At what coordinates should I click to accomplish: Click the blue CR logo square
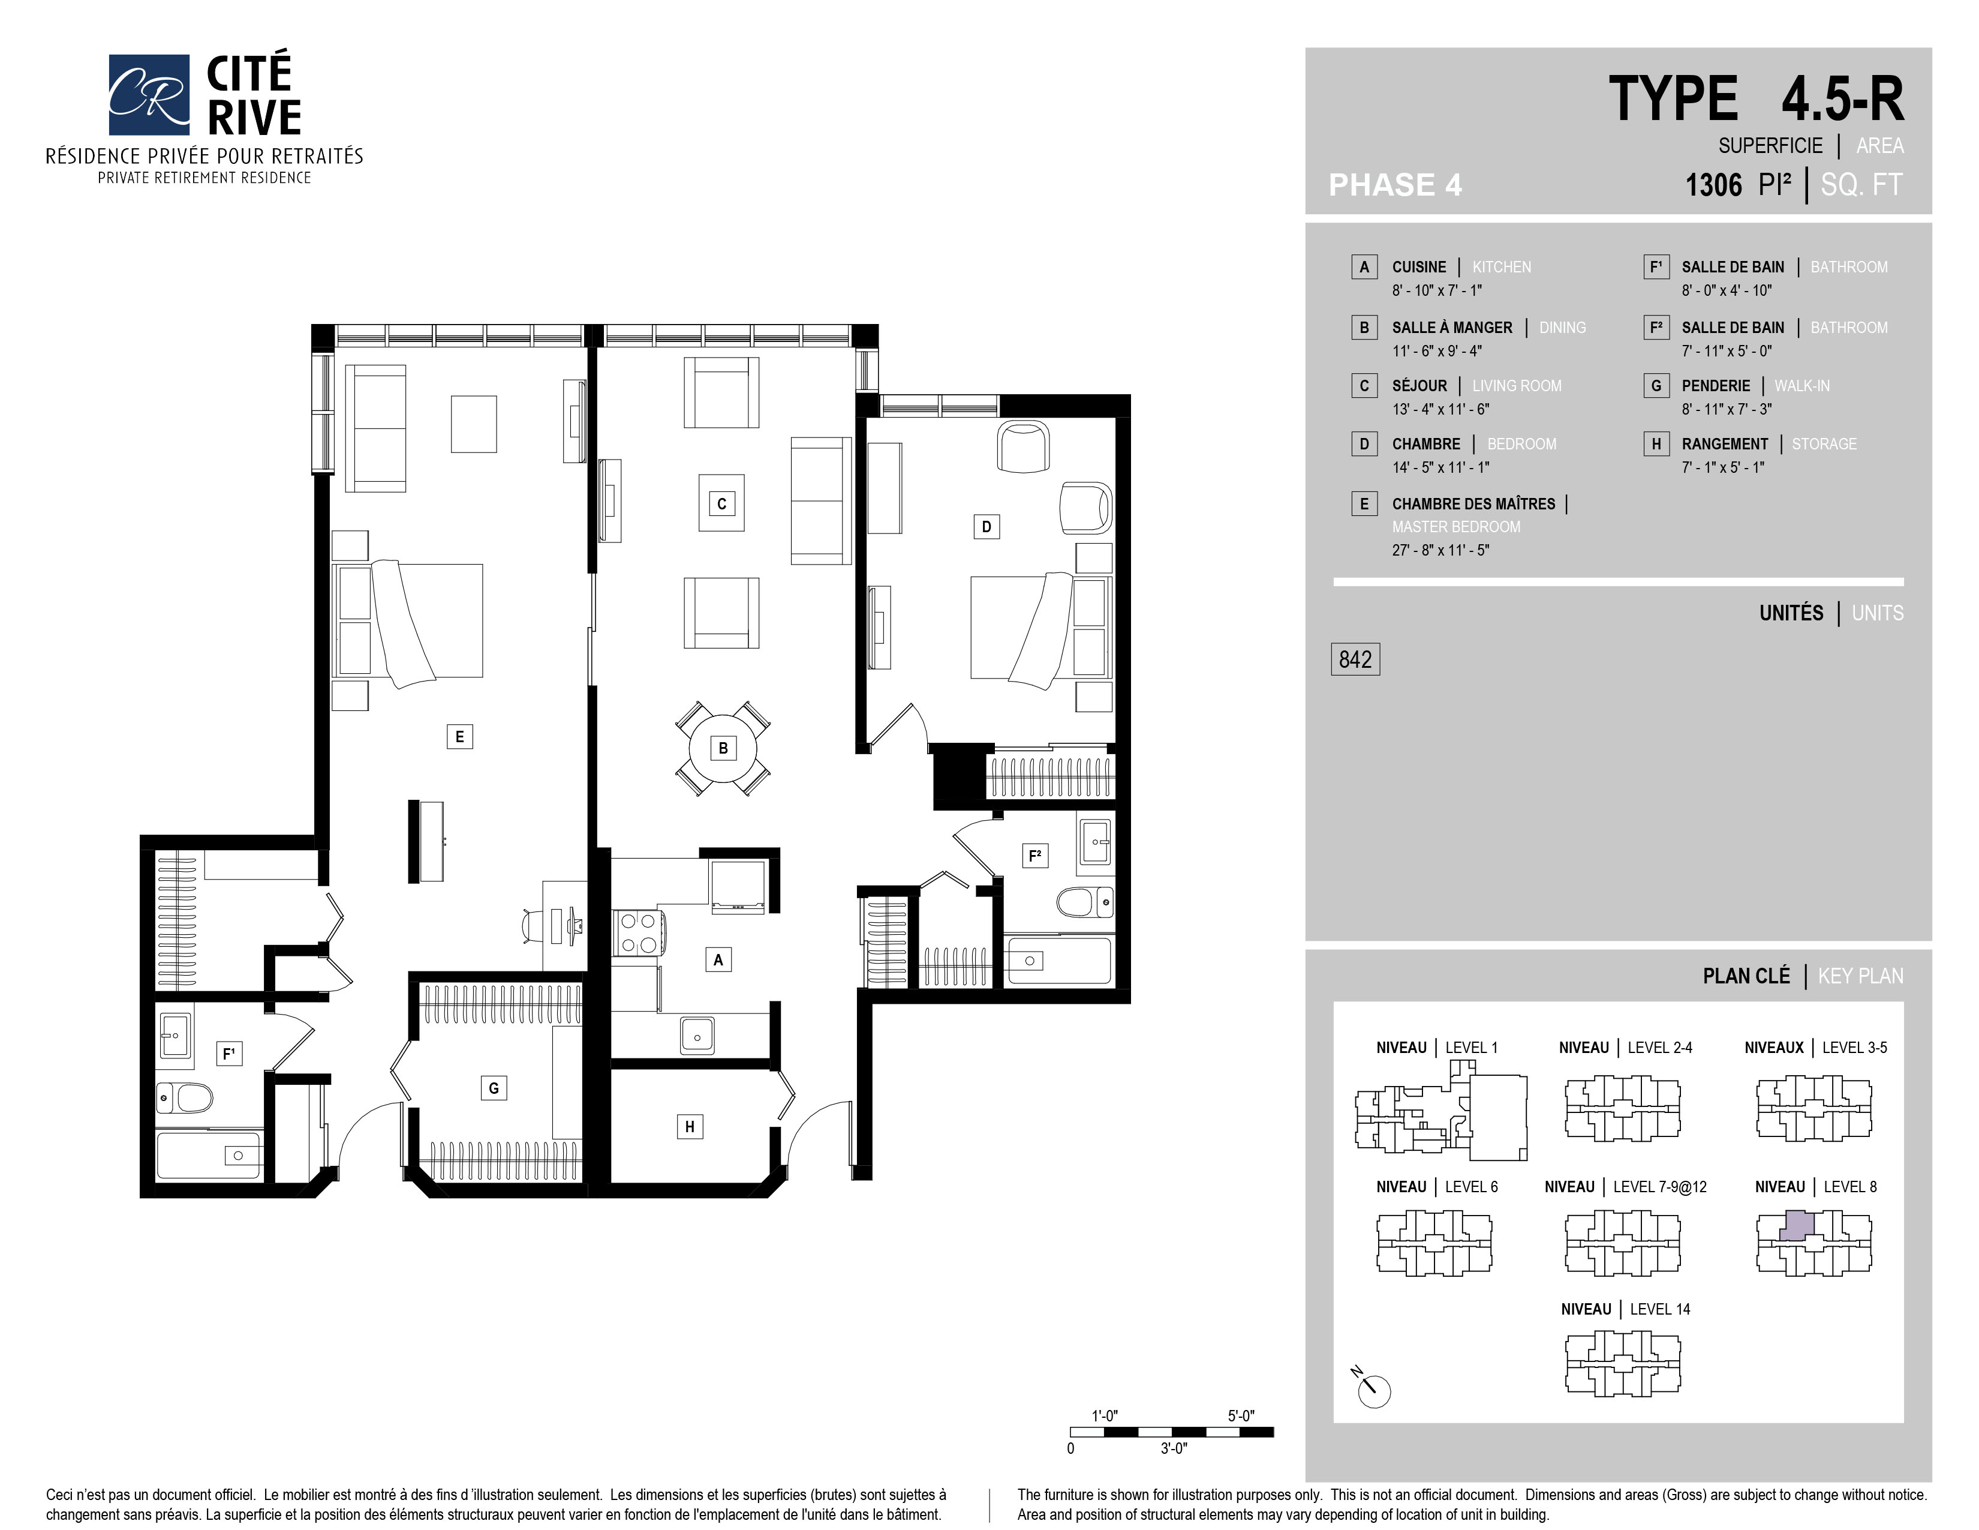click(x=149, y=94)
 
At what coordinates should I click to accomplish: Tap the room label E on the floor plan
click(x=459, y=736)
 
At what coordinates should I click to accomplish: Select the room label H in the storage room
click(x=690, y=1127)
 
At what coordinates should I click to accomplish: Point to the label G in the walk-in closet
click(x=494, y=1088)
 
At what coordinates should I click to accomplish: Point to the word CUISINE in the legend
click(x=1419, y=268)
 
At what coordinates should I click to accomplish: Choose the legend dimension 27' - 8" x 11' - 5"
click(x=1440, y=550)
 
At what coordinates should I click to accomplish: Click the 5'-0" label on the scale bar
click(x=1241, y=1416)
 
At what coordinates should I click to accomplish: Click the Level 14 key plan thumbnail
click(x=1623, y=1363)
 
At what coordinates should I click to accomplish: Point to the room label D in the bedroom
click(x=987, y=527)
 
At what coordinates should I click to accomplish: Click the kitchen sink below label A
click(x=697, y=1036)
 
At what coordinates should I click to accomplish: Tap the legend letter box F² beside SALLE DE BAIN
click(x=1656, y=327)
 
